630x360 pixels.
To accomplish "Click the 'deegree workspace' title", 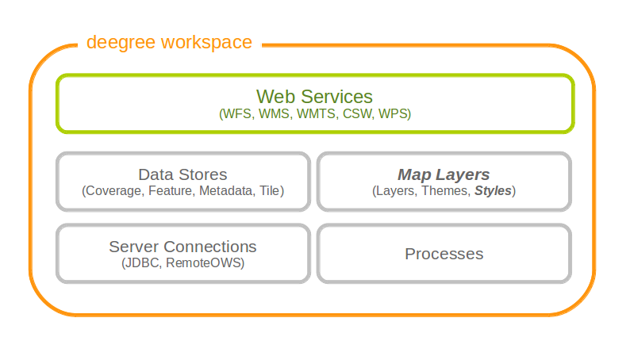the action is tap(169, 43).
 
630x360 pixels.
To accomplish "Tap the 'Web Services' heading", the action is tap(314, 96).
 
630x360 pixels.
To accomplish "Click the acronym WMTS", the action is tap(317, 114).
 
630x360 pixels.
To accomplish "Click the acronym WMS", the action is tap(274, 114).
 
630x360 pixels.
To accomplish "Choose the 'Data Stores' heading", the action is tap(182, 174).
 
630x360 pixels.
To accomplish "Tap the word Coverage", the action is tap(114, 190).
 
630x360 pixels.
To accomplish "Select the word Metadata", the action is tap(227, 190).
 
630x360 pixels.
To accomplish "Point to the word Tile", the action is tap(269, 190).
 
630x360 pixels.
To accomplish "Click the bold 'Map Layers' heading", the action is tap(444, 174).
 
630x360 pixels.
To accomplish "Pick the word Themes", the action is tap(446, 190).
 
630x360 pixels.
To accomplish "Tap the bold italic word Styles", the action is tap(493, 190).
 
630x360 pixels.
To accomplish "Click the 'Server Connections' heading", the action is tap(182, 247).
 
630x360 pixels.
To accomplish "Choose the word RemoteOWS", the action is tap(203, 263).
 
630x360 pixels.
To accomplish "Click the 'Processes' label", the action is tap(444, 254).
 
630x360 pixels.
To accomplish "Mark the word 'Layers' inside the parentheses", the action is tap(396, 190).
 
